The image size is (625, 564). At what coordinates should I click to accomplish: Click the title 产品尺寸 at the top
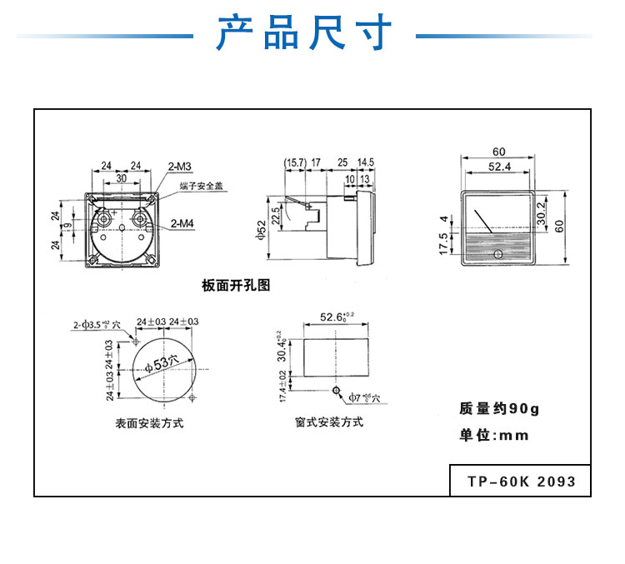(304, 34)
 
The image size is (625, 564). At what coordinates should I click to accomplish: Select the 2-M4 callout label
(182, 223)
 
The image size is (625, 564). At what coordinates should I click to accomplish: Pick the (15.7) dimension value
(295, 161)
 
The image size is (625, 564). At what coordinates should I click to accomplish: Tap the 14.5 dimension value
(366, 161)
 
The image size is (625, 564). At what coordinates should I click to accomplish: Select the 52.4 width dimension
(498, 167)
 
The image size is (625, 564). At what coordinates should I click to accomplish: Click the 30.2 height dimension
(541, 215)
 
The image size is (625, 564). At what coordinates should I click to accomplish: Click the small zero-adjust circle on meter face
(498, 254)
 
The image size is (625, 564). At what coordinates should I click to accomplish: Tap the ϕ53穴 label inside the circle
(161, 363)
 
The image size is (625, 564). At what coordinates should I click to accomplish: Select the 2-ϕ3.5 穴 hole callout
(97, 323)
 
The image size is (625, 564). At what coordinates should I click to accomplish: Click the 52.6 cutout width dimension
(336, 317)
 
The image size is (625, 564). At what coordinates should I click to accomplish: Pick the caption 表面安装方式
(149, 423)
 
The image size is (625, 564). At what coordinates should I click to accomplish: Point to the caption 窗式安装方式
(329, 422)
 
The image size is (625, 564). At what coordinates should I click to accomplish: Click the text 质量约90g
(499, 409)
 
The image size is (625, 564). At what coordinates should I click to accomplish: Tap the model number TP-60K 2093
(521, 482)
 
